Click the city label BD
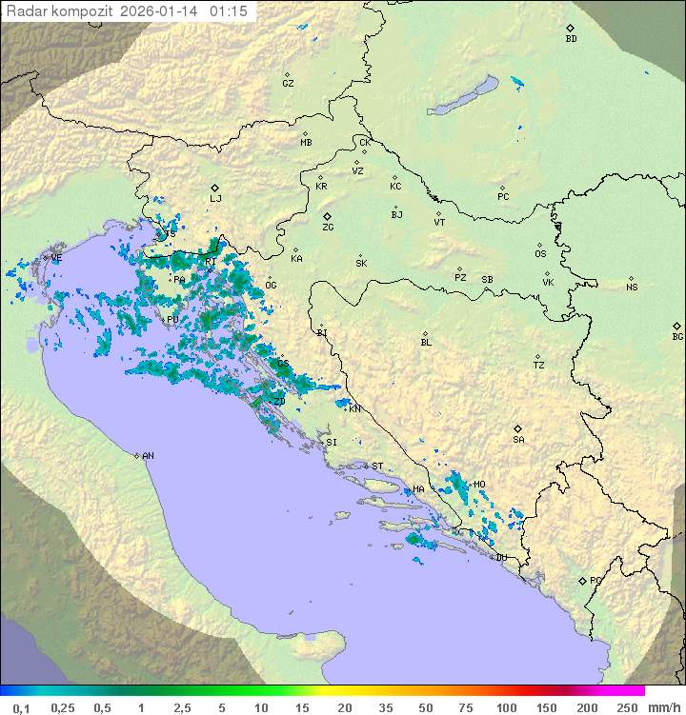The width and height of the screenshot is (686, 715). (x=571, y=39)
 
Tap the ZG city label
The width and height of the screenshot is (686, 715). (x=328, y=228)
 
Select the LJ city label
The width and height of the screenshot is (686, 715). (x=215, y=199)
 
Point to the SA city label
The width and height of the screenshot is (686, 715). (x=518, y=440)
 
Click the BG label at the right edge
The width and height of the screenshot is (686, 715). (x=677, y=337)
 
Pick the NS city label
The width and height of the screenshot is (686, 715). (x=632, y=288)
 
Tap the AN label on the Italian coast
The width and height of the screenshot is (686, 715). (x=148, y=456)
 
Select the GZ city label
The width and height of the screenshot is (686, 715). (x=288, y=84)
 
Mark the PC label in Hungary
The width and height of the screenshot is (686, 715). (x=503, y=197)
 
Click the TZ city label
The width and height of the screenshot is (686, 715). (x=539, y=366)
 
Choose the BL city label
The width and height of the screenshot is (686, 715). (x=426, y=343)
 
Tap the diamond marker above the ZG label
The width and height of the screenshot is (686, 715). (x=327, y=216)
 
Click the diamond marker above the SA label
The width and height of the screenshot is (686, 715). (x=517, y=428)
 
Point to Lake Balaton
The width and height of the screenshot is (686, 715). (x=463, y=97)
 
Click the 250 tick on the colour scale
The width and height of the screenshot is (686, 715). (x=627, y=707)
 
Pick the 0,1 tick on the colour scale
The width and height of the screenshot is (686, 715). (x=21, y=707)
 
